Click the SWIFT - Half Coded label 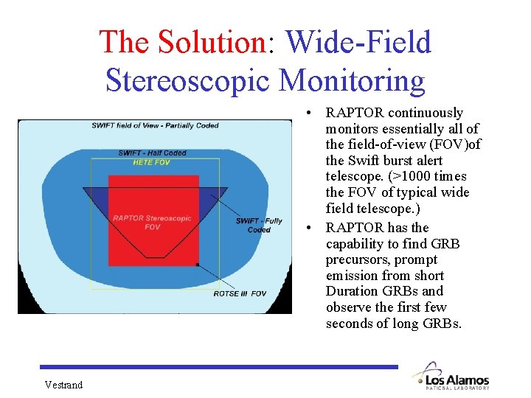pyautogui.click(x=153, y=153)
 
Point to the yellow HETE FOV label pyautogui.click(x=151, y=162)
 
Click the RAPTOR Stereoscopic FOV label pyautogui.click(x=152, y=222)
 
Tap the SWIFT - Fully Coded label pyautogui.click(x=258, y=225)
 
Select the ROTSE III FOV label pyautogui.click(x=240, y=293)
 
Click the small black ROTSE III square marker pyautogui.click(x=197, y=265)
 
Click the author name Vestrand pyautogui.click(x=63, y=385)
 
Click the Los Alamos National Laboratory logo pyautogui.click(x=451, y=376)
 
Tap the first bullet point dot pyautogui.click(x=313, y=113)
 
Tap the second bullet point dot pyautogui.click(x=313, y=228)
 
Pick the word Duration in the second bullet pyautogui.click(x=351, y=291)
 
